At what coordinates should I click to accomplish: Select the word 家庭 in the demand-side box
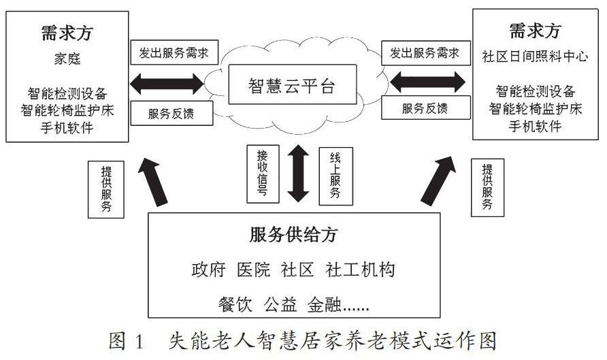tap(67, 59)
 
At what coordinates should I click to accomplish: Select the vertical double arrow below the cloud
tap(297, 172)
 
